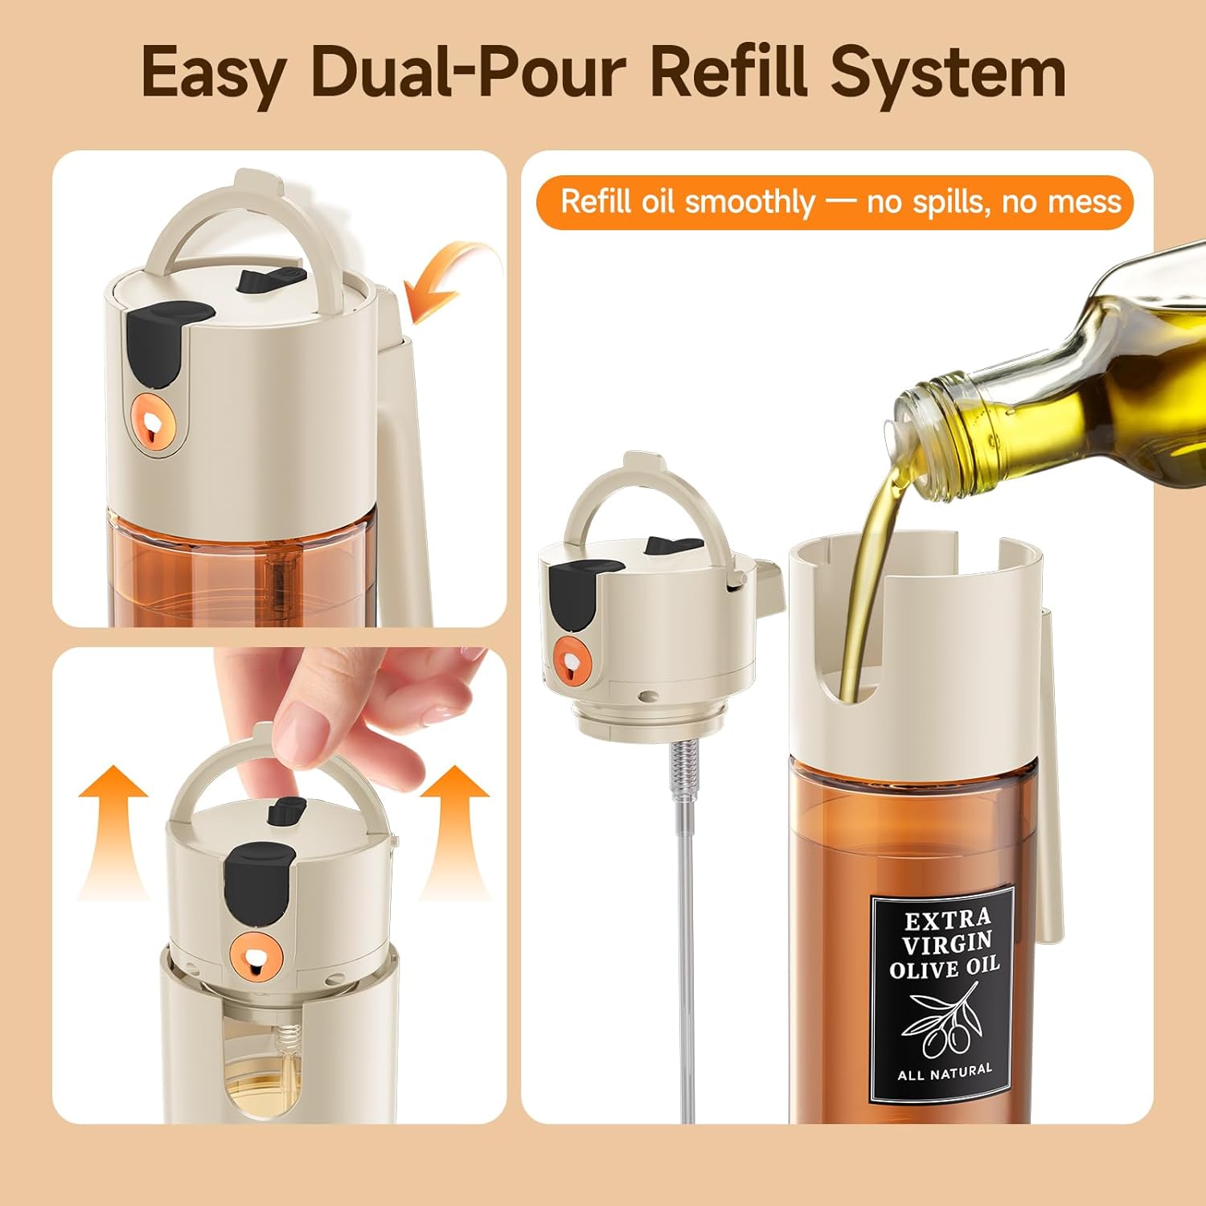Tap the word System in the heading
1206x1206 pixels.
tap(949, 74)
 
